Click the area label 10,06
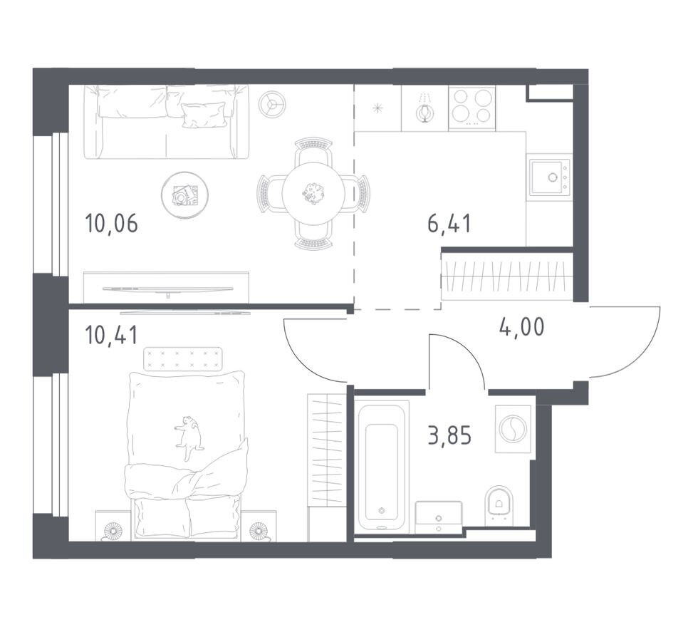point(111,224)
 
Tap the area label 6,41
point(449,224)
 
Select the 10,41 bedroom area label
point(111,336)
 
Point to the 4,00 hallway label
point(522,328)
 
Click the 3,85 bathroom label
point(449,435)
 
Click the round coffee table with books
point(184,194)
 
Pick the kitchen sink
point(551,177)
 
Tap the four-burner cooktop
point(471,108)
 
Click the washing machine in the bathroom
point(513,428)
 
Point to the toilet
point(499,507)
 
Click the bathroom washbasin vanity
point(439,517)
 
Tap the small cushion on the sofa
point(203,115)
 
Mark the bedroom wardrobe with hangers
point(326,450)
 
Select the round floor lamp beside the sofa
point(272,105)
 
